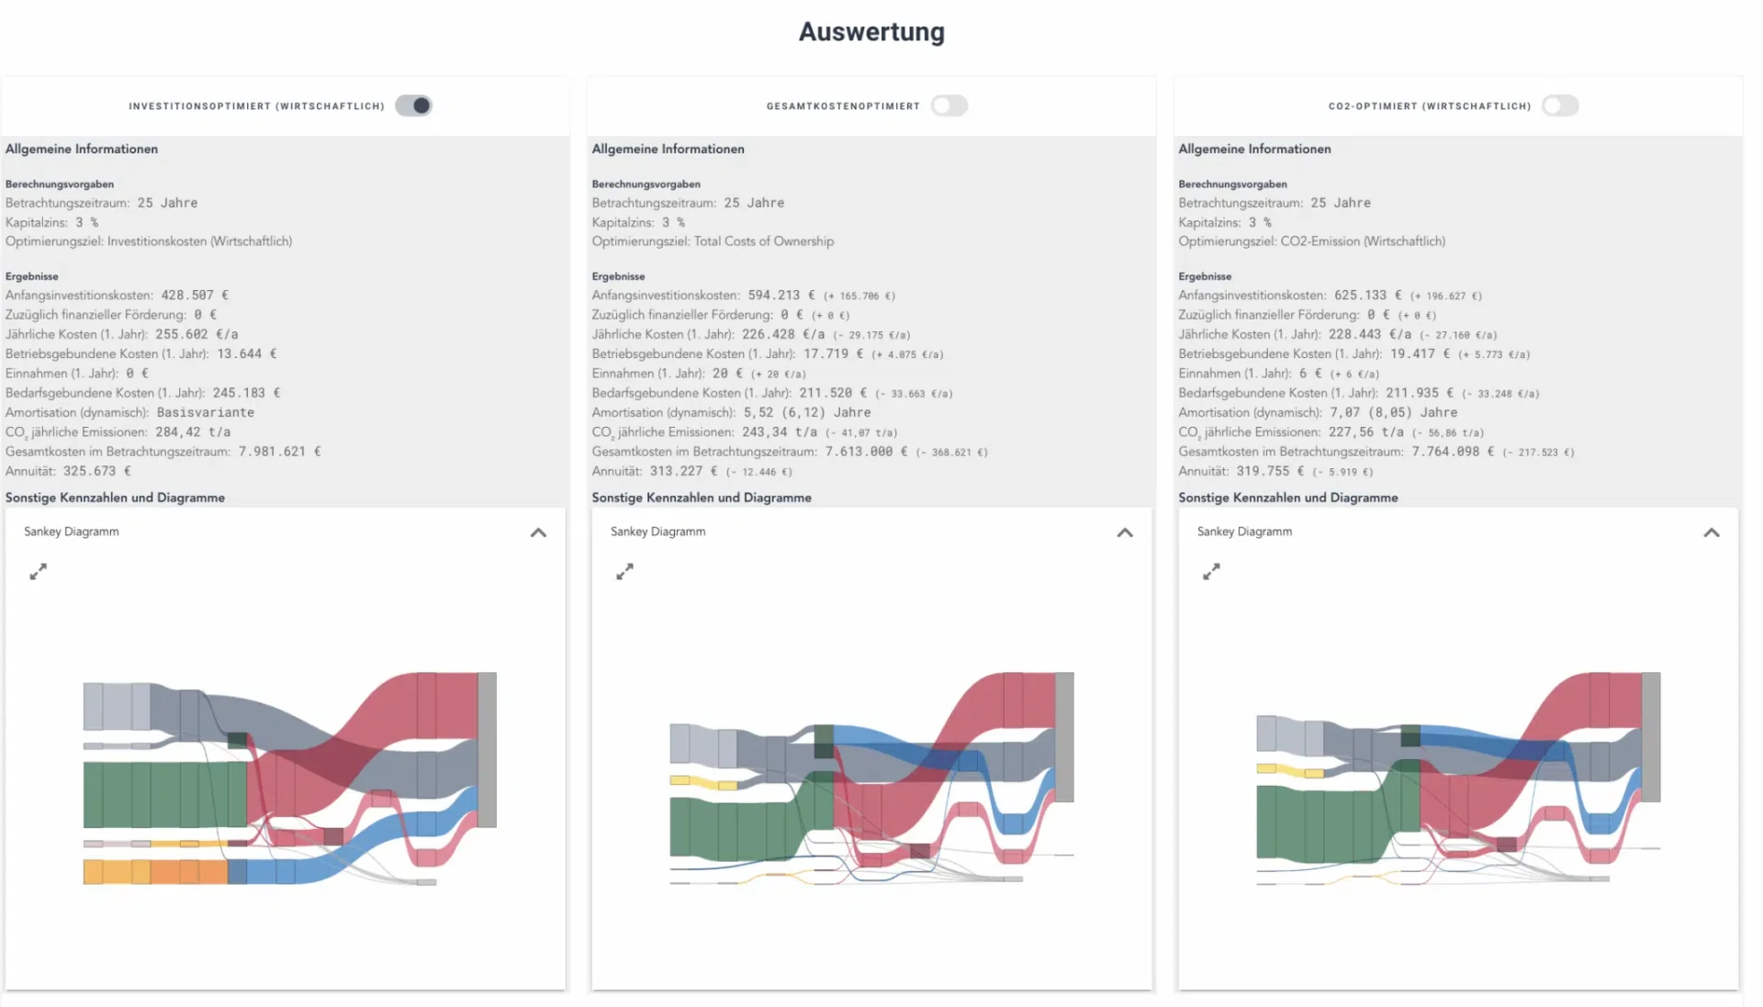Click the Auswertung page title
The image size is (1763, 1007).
point(870,32)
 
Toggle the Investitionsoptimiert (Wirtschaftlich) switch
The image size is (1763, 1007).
point(413,106)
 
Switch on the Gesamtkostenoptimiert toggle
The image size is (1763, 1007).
point(949,106)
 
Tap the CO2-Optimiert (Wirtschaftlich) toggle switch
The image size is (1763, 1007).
point(1559,106)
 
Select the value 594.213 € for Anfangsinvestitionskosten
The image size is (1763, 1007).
point(781,296)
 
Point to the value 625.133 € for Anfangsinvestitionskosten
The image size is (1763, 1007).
point(1368,296)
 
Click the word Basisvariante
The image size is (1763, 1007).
point(206,413)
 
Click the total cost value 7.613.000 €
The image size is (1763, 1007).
point(866,452)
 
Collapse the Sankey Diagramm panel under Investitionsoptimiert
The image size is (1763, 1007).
point(538,532)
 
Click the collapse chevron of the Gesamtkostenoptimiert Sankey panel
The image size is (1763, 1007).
point(1125,532)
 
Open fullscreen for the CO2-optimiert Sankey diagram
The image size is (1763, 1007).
point(1211,572)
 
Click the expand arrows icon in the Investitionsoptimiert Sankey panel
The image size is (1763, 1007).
point(38,572)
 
